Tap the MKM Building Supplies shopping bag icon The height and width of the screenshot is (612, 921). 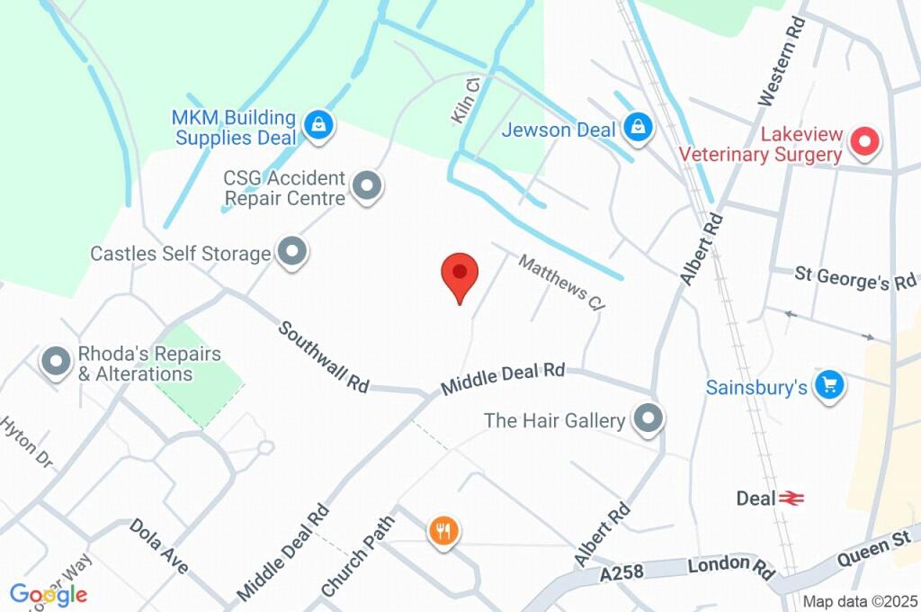coord(318,127)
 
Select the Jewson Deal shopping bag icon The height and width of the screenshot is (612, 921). coord(638,128)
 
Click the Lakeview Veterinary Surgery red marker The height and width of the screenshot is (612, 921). coord(864,143)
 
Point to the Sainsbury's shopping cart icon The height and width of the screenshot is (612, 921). coord(827,386)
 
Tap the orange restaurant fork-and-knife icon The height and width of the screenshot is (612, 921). coord(443,531)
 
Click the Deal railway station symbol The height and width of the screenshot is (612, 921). coord(791,498)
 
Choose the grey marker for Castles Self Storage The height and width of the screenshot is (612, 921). coord(291,253)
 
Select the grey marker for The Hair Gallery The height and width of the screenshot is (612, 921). coord(648,418)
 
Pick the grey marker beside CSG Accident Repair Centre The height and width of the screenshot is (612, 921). coord(367,187)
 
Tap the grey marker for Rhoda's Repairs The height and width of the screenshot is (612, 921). coord(58,363)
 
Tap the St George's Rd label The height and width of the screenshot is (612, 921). coord(854,279)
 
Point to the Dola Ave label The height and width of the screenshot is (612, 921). coord(158,545)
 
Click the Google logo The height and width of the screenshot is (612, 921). coord(49,594)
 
